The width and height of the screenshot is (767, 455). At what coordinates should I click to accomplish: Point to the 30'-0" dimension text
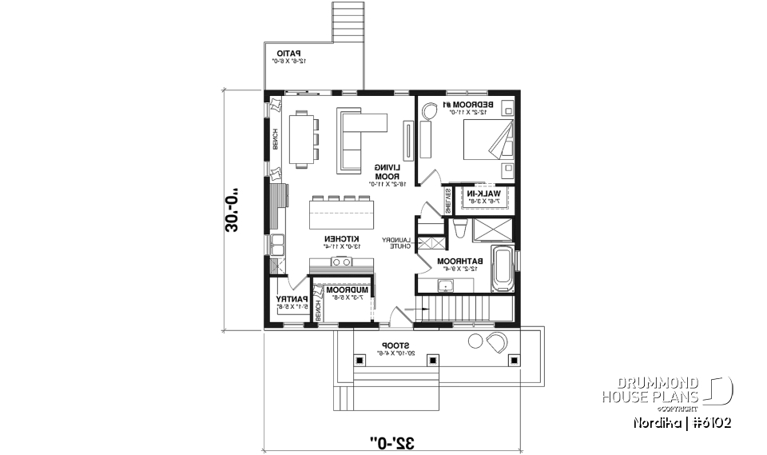click(x=232, y=210)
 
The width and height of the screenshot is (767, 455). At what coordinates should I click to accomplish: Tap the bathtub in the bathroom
click(x=503, y=269)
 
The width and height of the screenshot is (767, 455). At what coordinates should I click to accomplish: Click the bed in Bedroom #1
click(x=489, y=144)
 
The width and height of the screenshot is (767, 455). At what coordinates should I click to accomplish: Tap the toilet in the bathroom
click(x=459, y=229)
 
